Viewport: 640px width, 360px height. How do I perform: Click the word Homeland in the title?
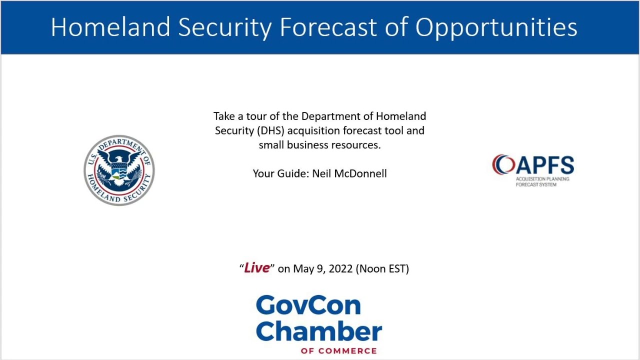(x=111, y=27)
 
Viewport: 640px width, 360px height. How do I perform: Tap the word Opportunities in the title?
(x=496, y=28)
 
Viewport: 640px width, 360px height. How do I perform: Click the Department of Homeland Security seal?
(x=119, y=170)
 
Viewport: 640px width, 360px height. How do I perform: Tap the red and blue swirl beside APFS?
(x=502, y=164)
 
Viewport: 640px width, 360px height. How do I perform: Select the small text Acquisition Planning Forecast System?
(x=542, y=181)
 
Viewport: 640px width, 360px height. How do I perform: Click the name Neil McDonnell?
(x=349, y=173)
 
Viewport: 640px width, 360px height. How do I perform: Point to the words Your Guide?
(x=280, y=173)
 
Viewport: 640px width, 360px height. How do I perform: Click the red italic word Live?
(x=257, y=268)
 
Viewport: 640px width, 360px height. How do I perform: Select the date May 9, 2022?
(x=323, y=268)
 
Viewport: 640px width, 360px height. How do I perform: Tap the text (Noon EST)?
(x=382, y=268)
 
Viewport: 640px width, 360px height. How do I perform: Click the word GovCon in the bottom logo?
(x=308, y=305)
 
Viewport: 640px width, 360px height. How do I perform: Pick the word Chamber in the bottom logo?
(x=319, y=330)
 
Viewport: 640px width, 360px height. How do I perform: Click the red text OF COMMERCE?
(x=338, y=350)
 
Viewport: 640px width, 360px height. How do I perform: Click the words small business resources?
(x=319, y=145)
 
